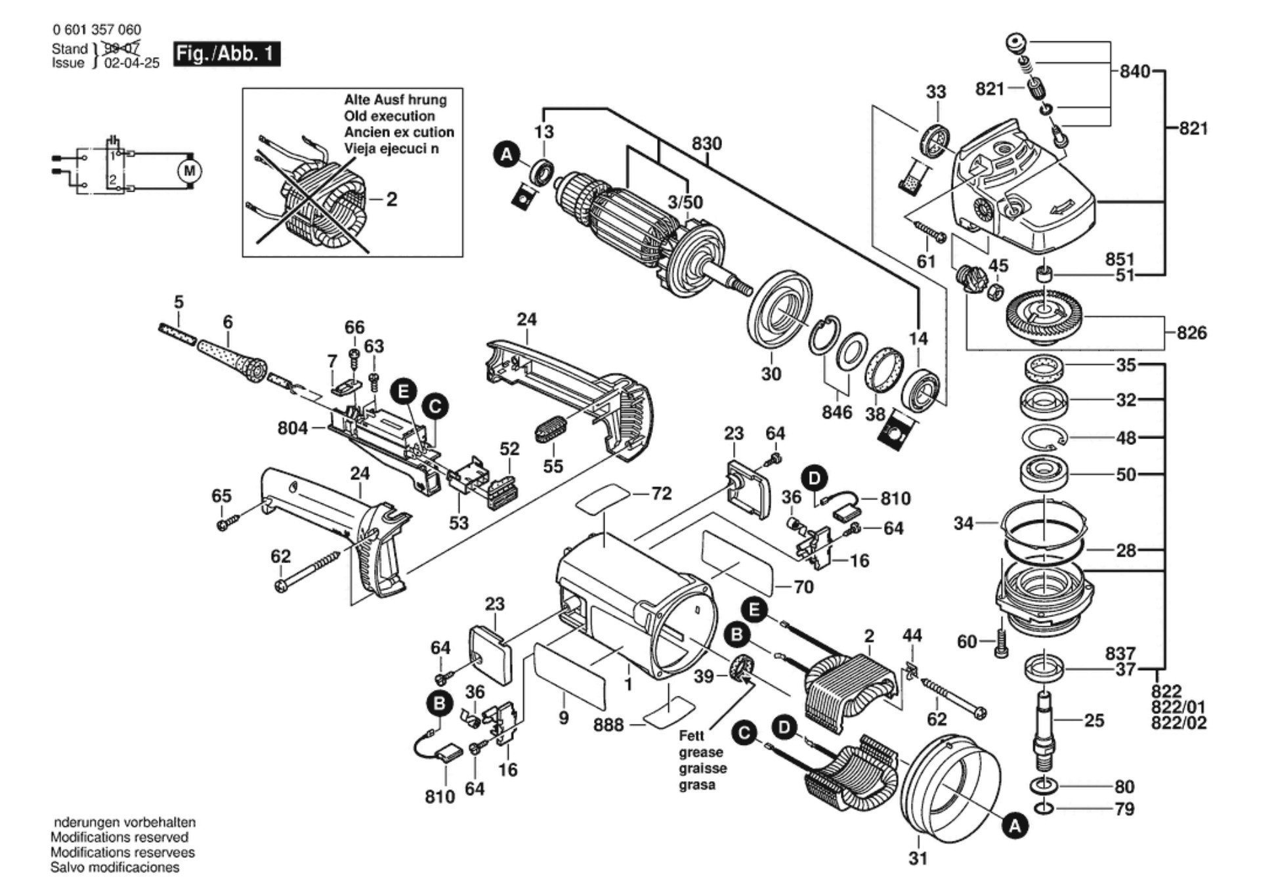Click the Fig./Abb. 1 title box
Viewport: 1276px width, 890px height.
pos(226,53)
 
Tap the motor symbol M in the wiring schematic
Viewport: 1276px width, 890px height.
pos(190,171)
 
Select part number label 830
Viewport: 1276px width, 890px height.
pos(706,144)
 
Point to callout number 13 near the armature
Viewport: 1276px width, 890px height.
pos(543,132)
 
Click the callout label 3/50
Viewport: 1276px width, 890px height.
pos(685,202)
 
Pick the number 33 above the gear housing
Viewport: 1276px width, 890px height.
pos(936,92)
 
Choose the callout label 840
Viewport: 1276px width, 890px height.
pos(1134,71)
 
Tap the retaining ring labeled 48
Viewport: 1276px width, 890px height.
pos(1044,438)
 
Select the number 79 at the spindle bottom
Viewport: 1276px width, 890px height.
pos(1124,809)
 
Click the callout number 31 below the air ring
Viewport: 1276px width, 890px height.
pos(918,858)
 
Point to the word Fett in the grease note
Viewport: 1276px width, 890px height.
pos(691,736)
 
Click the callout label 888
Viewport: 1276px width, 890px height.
pos(608,725)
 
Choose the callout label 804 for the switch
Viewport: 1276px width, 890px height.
pos(293,428)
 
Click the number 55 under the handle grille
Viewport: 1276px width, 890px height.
pos(553,466)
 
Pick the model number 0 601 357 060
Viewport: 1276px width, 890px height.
pos(96,30)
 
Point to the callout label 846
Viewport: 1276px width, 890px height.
pos(837,412)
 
